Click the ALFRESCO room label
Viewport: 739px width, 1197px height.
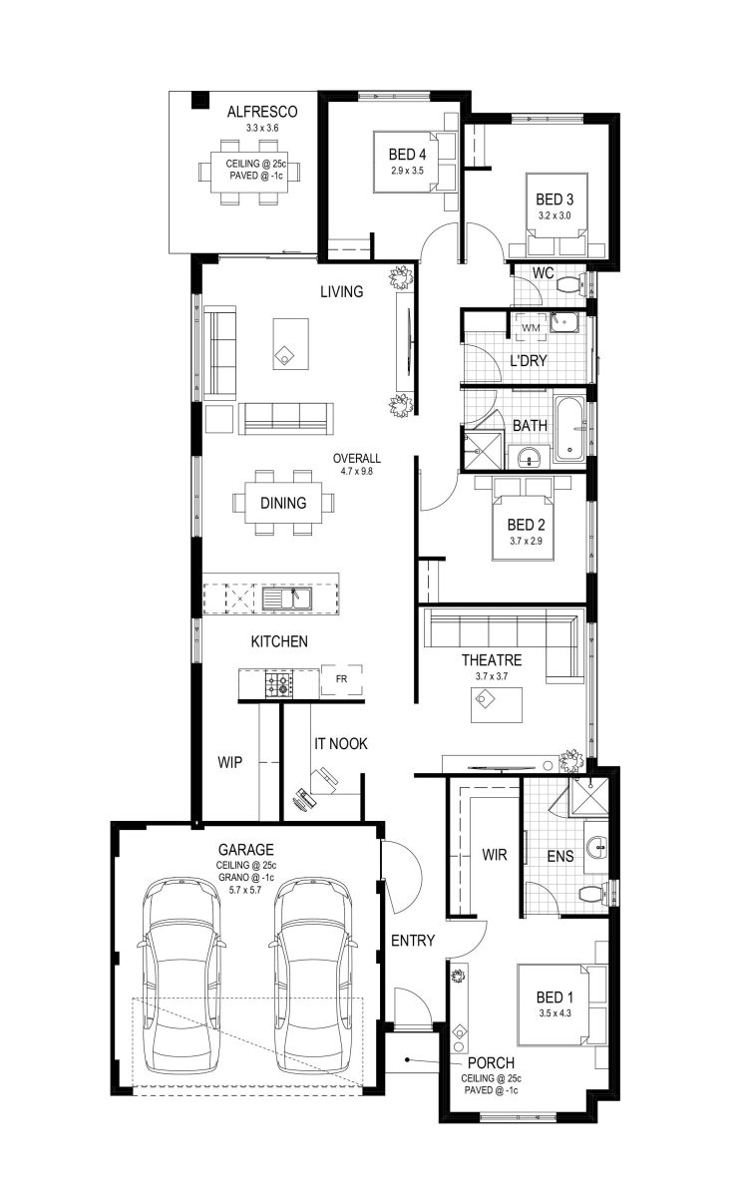point(262,112)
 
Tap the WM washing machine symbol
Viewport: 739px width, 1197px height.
point(531,327)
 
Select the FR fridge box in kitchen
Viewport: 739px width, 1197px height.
point(341,680)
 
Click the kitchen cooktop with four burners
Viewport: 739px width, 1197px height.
point(279,683)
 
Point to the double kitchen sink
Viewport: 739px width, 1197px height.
point(287,599)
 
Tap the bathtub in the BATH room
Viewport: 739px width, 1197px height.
point(570,429)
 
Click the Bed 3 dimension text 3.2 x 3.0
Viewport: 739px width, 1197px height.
point(554,215)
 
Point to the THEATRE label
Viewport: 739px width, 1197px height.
point(492,660)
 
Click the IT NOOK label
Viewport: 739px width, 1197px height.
point(340,744)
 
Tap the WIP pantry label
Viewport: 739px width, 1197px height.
point(229,762)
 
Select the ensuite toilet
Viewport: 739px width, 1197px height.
point(592,894)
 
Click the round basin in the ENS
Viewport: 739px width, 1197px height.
point(596,847)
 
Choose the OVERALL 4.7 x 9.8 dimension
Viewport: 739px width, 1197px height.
point(356,465)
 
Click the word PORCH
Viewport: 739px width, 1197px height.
point(491,1063)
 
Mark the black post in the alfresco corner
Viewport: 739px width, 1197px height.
point(200,100)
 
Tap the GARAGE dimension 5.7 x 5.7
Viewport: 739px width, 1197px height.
point(245,890)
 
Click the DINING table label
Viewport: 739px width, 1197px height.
point(283,503)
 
